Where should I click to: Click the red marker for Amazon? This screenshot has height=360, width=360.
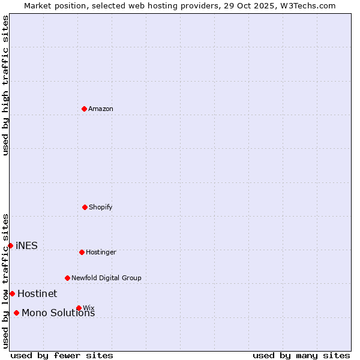(85, 109)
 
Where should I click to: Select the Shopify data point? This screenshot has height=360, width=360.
(85, 207)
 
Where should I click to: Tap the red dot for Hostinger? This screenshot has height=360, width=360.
(82, 252)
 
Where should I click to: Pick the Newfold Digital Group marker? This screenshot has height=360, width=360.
(67, 278)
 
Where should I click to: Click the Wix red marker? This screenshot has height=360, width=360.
(79, 308)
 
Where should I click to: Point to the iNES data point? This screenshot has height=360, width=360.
(10, 245)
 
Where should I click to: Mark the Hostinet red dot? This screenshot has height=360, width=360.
(12, 293)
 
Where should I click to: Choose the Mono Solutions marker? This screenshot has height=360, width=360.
(16, 313)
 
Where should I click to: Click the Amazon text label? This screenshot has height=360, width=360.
(101, 109)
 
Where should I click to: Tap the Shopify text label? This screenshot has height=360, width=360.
(101, 207)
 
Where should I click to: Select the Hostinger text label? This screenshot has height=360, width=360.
(101, 252)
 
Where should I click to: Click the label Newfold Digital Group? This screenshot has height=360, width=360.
(106, 278)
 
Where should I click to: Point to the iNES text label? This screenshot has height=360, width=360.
(26, 245)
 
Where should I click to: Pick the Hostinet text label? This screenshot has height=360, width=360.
(37, 293)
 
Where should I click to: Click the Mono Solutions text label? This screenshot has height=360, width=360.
(58, 313)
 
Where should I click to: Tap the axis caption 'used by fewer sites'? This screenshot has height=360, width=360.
(62, 355)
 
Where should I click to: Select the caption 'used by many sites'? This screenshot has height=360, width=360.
(301, 355)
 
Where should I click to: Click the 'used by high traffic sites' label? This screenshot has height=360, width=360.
(5, 85)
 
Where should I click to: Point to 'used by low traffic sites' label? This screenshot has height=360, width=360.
(5, 280)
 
